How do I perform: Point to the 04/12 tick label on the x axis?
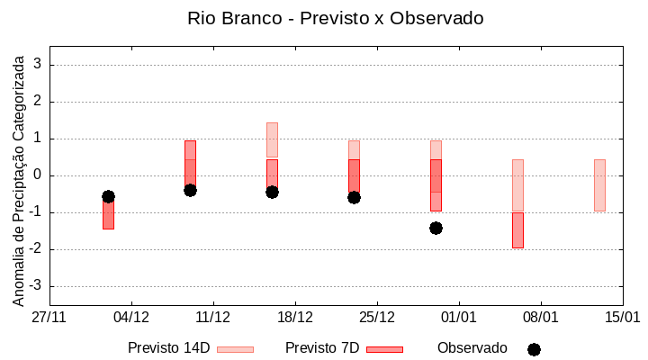pos(131,318)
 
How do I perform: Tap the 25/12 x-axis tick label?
pos(377,318)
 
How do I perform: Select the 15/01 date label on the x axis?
pos(622,318)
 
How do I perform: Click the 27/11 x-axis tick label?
pos(49,318)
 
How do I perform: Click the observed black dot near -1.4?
pos(436,228)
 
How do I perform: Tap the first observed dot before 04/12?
pos(108,196)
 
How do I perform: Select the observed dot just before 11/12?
pos(190,190)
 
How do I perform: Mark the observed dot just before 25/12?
pos(354,197)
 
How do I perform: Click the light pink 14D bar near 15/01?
pos(599,184)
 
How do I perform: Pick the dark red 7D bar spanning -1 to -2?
pos(517,230)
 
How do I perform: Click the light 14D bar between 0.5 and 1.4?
pos(272,139)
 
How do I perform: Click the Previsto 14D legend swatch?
pos(235,349)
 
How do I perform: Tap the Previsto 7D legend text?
pos(322,348)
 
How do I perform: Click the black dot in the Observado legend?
pos(534,349)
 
